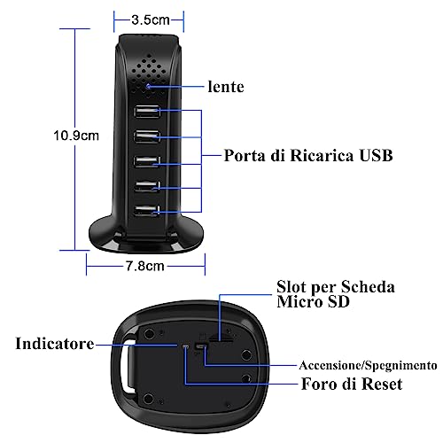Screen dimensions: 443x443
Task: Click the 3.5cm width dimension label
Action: coord(151,20)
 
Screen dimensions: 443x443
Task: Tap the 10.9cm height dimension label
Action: coord(76,136)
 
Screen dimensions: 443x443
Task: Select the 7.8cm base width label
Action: coord(145,266)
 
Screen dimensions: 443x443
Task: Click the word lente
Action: coord(226,87)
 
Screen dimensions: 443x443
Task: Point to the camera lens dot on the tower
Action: coord(148,87)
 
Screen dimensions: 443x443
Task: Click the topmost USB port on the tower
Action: coord(147,112)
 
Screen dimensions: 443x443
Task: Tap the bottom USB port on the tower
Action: coord(146,211)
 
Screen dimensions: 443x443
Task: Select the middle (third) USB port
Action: coord(146,161)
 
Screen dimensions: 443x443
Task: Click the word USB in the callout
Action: coord(376,155)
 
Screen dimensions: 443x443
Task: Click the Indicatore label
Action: coord(55,344)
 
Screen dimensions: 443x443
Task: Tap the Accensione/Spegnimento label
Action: coord(368,365)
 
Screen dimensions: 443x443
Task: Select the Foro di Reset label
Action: coord(352,384)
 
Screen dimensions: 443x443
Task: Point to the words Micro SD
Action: coord(314,301)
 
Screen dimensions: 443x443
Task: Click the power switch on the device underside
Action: coord(202,346)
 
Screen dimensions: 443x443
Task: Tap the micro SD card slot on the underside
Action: coord(221,338)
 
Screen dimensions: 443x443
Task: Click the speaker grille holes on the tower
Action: coord(149,74)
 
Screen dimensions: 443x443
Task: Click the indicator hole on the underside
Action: coord(185,346)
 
